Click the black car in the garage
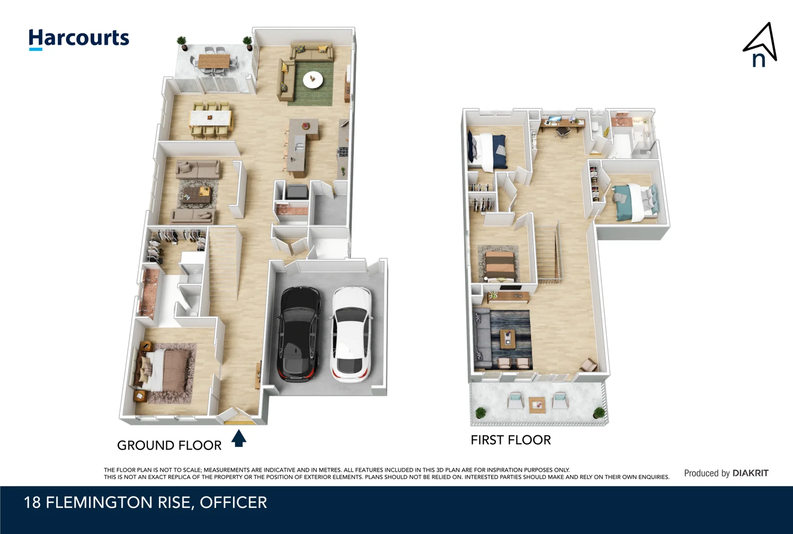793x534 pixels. pyautogui.click(x=298, y=334)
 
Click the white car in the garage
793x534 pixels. pyautogui.click(x=351, y=335)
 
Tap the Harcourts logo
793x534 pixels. pyautogui.click(x=79, y=39)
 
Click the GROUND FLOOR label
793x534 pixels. pyautogui.click(x=169, y=445)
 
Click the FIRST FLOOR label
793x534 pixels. pyautogui.click(x=511, y=440)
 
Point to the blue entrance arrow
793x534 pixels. pyautogui.click(x=239, y=438)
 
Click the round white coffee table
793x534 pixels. pyautogui.click(x=313, y=79)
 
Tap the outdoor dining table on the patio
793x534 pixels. pyautogui.click(x=214, y=61)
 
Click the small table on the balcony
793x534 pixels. pyautogui.click(x=537, y=405)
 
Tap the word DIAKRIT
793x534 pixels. pyautogui.click(x=750, y=473)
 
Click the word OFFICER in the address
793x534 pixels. pyautogui.click(x=233, y=503)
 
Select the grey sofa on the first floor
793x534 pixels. pyautogui.click(x=481, y=339)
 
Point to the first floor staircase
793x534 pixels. pyautogui.click(x=548, y=255)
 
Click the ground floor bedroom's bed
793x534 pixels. pyautogui.click(x=166, y=371)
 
